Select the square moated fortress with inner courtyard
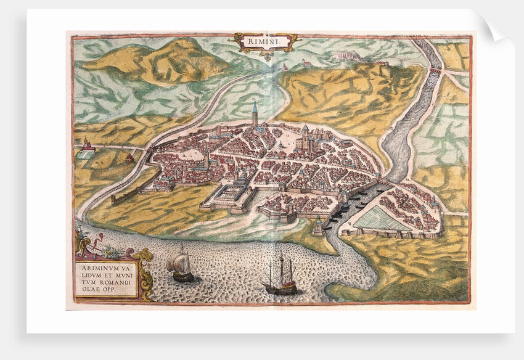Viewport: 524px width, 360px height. (x=229, y=197)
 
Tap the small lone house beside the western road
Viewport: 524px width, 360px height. (x=129, y=158)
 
